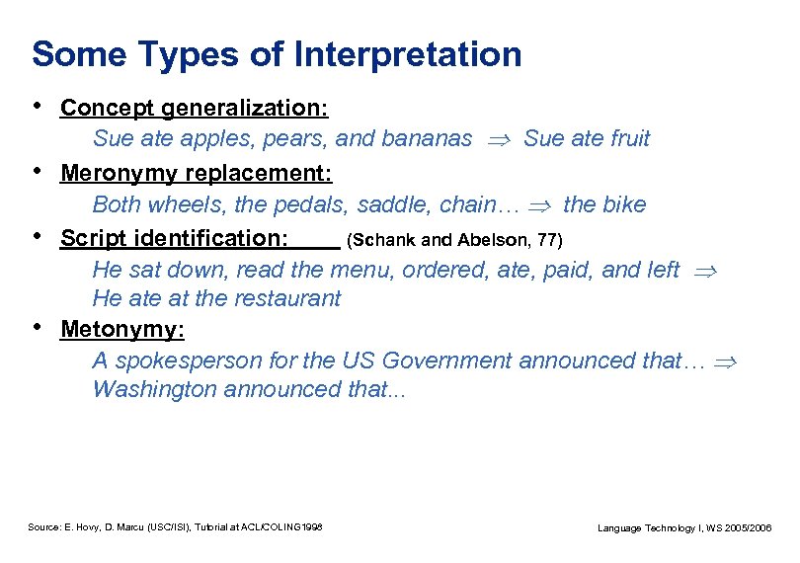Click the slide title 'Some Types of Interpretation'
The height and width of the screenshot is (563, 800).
point(277,54)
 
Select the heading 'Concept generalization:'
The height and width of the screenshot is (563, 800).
point(195,107)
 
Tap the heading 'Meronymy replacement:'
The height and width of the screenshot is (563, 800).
point(197,174)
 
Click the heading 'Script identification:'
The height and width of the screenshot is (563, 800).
point(175,238)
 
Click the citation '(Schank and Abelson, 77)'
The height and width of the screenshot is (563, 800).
point(455,240)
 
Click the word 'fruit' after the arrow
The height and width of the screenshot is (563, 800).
point(629,139)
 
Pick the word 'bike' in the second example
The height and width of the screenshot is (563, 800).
point(624,205)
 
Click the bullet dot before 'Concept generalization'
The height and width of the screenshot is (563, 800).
point(38,105)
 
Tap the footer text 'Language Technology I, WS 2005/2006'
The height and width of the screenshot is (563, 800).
point(685,528)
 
